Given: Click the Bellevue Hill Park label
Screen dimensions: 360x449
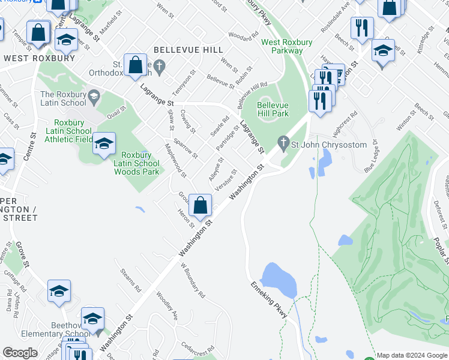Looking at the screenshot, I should coord(273,109).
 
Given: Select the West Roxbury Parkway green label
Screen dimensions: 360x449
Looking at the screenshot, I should coord(282,46).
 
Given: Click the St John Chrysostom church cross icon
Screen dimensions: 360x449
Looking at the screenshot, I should coord(283,143).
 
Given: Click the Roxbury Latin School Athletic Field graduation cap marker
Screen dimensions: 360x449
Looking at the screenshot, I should coord(104,144).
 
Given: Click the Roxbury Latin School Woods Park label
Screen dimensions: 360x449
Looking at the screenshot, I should coord(137,163).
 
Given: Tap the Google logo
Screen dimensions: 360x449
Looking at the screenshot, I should coord(20,353).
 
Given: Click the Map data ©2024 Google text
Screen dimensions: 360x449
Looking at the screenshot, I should coord(412,355).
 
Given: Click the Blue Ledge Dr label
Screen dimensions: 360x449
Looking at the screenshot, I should coord(370,155).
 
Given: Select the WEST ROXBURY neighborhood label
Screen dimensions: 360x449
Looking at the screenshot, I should coord(40,58).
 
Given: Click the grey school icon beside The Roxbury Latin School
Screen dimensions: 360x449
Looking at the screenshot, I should coord(93,96).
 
